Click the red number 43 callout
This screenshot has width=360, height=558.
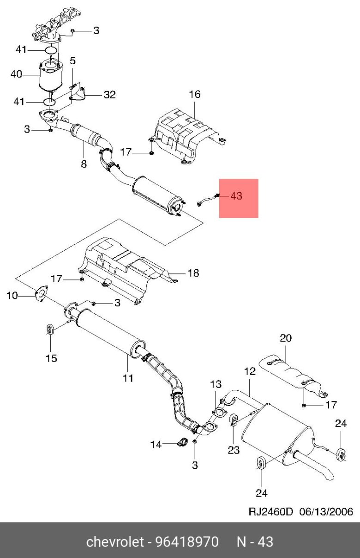point(236,196)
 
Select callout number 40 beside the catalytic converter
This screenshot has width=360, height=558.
point(16,74)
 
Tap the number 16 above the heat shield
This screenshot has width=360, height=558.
point(195,94)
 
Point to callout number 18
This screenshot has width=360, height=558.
point(193,273)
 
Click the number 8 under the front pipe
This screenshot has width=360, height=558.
point(84,164)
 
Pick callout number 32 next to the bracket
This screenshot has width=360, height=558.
point(110,95)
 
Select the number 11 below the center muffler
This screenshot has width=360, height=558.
point(128,378)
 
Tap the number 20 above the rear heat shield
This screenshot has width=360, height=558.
point(286,338)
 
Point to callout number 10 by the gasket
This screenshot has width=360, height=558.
point(12,296)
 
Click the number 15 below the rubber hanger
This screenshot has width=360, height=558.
point(51,358)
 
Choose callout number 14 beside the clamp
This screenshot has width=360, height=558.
point(156,445)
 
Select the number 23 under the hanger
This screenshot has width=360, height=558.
point(234,450)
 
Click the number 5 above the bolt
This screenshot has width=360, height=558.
point(72,61)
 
